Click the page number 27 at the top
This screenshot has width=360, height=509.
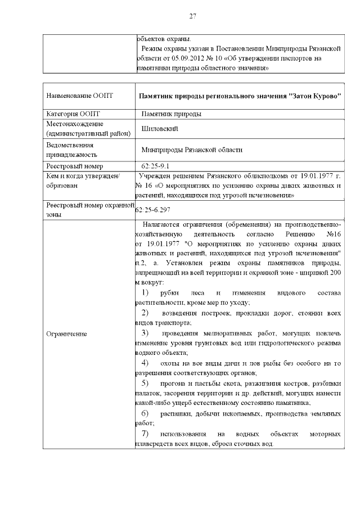point(192,15)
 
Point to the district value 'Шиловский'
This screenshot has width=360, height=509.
point(160,128)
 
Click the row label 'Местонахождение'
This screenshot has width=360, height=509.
point(74,124)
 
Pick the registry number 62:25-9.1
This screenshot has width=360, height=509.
point(156,166)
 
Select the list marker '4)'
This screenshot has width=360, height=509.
point(145,362)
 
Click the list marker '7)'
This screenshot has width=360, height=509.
point(145,434)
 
